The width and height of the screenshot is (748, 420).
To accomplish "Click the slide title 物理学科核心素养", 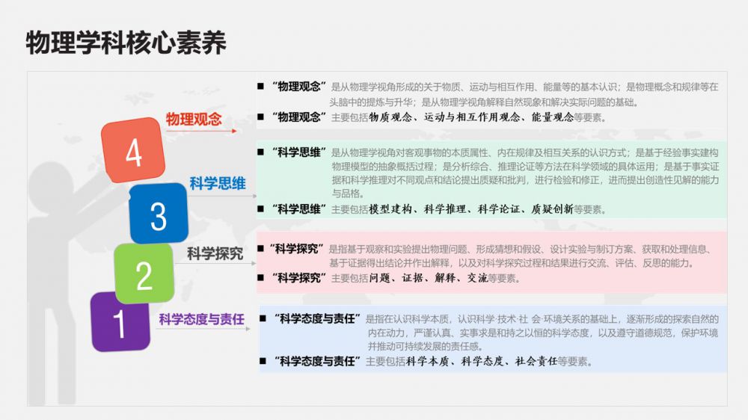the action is [x=126, y=43].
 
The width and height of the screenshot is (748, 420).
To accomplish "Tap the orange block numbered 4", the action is [x=133, y=150].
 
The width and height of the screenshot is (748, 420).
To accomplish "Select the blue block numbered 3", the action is [x=159, y=214].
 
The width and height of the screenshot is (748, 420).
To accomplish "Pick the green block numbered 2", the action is [x=144, y=274].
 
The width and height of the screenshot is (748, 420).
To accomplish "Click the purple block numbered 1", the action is [x=120, y=322].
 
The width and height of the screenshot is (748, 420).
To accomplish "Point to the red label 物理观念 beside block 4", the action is [x=194, y=119].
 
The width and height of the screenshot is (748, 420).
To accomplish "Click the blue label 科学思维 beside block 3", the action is [x=218, y=183].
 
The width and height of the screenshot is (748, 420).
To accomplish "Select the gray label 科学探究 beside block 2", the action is [x=215, y=253].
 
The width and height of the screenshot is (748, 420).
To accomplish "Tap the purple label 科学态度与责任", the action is [x=202, y=319].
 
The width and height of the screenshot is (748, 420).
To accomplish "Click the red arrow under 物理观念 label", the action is [x=201, y=131].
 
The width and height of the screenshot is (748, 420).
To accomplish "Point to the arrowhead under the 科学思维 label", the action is [x=254, y=196].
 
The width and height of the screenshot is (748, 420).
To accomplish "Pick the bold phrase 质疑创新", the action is [x=553, y=209].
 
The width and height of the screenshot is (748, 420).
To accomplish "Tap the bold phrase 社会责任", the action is [x=536, y=362].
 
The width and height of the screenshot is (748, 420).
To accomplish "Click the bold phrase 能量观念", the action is [x=553, y=117].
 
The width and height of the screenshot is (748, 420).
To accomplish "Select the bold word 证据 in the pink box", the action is [x=412, y=278].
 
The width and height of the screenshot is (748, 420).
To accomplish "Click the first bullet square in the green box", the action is [x=260, y=152].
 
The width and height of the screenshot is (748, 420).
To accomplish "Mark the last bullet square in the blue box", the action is [x=263, y=362].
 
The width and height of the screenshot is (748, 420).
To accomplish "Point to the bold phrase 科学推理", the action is [x=444, y=209].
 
